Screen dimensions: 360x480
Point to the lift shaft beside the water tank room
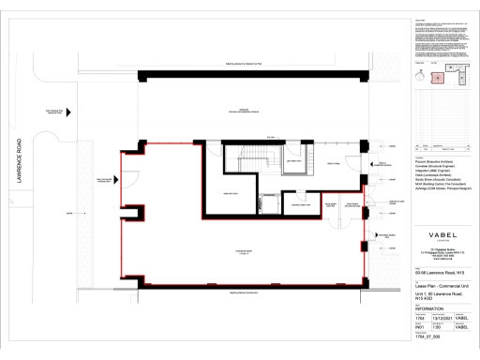pyautogui.click(x=268, y=198)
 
